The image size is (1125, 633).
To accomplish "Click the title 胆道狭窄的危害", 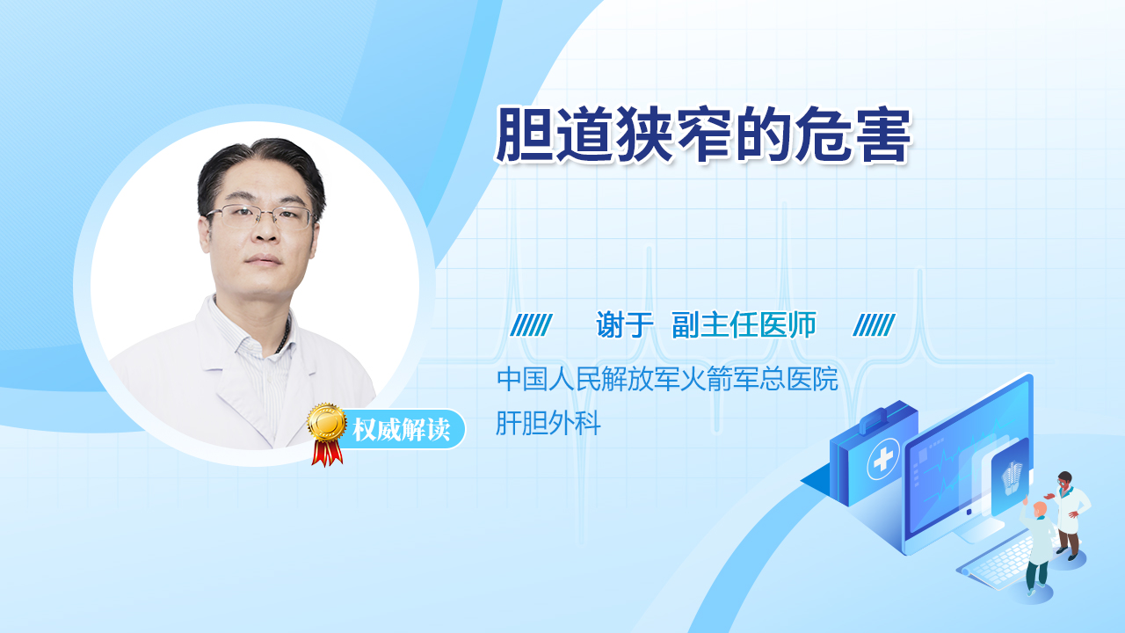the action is (x=703, y=135).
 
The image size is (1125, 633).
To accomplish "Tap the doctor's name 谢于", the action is (x=624, y=324).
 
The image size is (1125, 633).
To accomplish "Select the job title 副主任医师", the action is (x=744, y=324).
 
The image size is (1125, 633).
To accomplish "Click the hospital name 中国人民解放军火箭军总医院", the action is (x=667, y=379).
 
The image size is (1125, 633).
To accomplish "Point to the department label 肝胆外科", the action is (x=548, y=423).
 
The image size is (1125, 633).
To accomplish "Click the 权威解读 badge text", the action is (x=401, y=430).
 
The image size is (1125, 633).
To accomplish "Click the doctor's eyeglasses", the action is (x=259, y=216).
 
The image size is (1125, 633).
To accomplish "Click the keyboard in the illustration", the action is (x=997, y=564).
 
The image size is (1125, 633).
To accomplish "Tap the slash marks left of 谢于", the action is (x=531, y=325).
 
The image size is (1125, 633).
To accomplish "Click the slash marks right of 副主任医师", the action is (x=874, y=325).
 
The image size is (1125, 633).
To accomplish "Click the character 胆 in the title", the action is (x=524, y=135).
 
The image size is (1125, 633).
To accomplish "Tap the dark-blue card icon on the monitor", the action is (x=1011, y=476).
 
